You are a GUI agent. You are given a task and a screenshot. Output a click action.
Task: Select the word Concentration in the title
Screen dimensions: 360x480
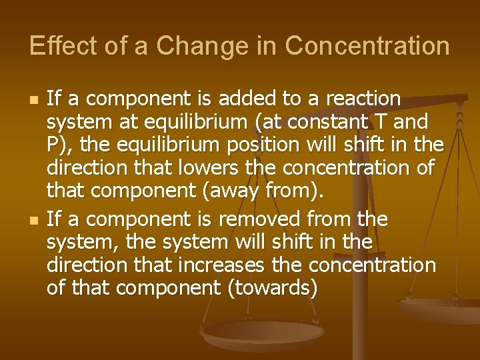point(367,46)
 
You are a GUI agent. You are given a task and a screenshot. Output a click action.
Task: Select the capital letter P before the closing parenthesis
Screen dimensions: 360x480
point(52,145)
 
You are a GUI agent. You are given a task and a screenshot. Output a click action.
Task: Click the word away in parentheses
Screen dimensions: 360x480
point(237,191)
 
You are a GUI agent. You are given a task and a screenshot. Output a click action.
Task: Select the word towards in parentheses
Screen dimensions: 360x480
point(273,288)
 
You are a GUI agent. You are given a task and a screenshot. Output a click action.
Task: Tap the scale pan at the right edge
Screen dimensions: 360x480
point(443,308)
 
